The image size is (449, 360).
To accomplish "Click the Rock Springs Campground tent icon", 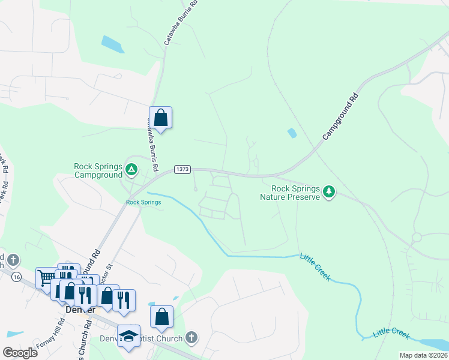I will tap(132, 171).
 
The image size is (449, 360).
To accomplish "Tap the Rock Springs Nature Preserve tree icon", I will tap(328, 192).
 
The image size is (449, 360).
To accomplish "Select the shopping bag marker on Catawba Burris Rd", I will tap(160, 118).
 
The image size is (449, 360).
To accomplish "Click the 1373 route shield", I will tap(182, 170).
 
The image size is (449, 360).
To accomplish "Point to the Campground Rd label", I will tap(340, 117).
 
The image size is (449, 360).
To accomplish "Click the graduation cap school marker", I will tap(128, 335).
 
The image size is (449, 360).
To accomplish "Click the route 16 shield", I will tap(16, 276).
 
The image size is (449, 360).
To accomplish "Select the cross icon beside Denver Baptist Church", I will tap(191, 338).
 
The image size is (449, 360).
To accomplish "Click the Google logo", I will tap(20, 353).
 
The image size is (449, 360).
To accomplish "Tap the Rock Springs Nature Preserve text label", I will tap(290, 192).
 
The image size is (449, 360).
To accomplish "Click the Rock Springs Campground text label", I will tap(98, 170).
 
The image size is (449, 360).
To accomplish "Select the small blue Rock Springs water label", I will tap(143, 202).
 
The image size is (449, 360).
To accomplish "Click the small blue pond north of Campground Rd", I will tap(292, 133).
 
